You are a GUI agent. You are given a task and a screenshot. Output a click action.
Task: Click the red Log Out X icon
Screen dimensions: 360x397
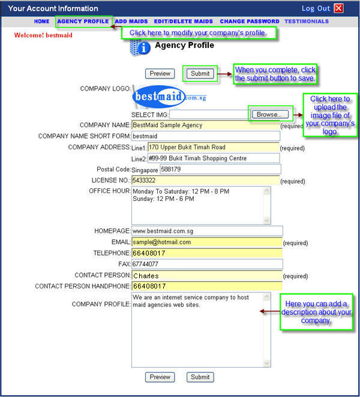point(339,8)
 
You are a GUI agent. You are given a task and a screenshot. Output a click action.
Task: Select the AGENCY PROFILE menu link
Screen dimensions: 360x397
point(83,21)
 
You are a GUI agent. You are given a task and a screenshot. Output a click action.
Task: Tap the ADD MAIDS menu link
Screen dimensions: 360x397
point(131,21)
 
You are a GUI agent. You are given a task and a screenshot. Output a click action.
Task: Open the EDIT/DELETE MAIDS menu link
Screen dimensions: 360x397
point(184,21)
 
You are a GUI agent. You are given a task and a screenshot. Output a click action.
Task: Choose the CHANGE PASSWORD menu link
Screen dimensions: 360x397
point(250,21)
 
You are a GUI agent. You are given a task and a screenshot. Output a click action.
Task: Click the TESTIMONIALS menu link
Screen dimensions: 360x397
point(307,21)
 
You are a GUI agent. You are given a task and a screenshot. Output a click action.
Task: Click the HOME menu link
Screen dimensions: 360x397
point(42,21)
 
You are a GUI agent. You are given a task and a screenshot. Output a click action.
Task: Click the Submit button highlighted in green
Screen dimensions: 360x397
point(200,74)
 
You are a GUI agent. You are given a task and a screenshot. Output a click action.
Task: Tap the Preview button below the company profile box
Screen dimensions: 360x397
point(160,377)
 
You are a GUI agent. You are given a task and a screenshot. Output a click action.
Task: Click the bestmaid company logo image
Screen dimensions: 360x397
point(169,97)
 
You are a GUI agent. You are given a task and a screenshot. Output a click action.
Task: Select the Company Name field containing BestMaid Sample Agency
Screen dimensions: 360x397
point(205,125)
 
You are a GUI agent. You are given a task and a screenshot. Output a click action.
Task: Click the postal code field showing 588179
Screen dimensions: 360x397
point(220,169)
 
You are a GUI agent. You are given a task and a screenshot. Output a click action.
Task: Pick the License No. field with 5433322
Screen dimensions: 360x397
point(205,181)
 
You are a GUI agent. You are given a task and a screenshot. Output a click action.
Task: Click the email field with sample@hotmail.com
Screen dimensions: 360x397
point(207,242)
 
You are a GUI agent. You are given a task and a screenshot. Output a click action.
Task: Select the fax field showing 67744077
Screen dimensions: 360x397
point(207,264)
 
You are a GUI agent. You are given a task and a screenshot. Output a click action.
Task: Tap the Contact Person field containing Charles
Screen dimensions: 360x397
point(207,275)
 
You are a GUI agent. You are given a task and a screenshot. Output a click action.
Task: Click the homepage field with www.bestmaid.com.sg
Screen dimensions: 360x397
point(207,231)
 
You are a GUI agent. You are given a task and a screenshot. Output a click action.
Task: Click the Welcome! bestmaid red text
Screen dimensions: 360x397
point(43,35)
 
